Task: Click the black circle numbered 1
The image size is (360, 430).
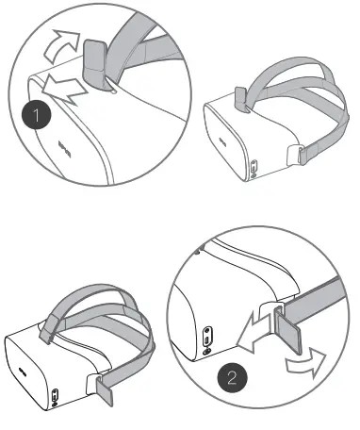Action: [36, 118]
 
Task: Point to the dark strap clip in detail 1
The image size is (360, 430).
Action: [96, 60]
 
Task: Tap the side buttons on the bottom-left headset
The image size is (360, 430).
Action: [55, 397]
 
